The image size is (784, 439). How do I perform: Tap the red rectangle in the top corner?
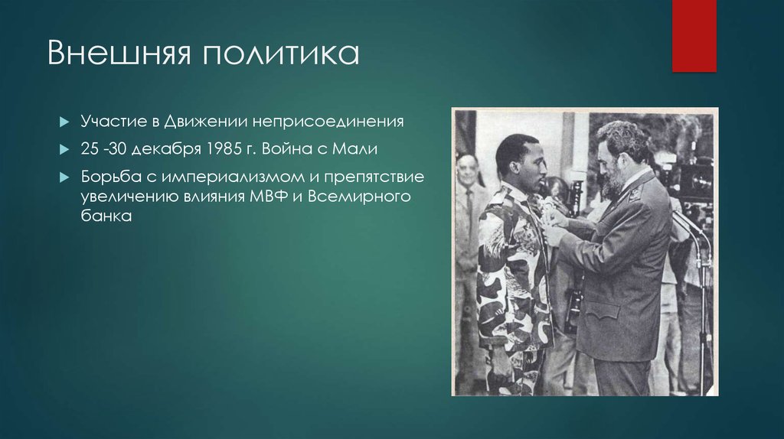coord(694,35)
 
